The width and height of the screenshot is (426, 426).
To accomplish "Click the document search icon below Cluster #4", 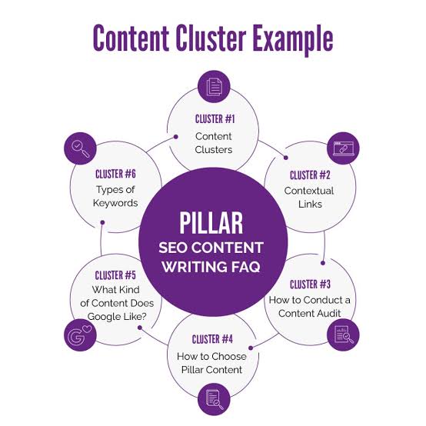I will [214, 397].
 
